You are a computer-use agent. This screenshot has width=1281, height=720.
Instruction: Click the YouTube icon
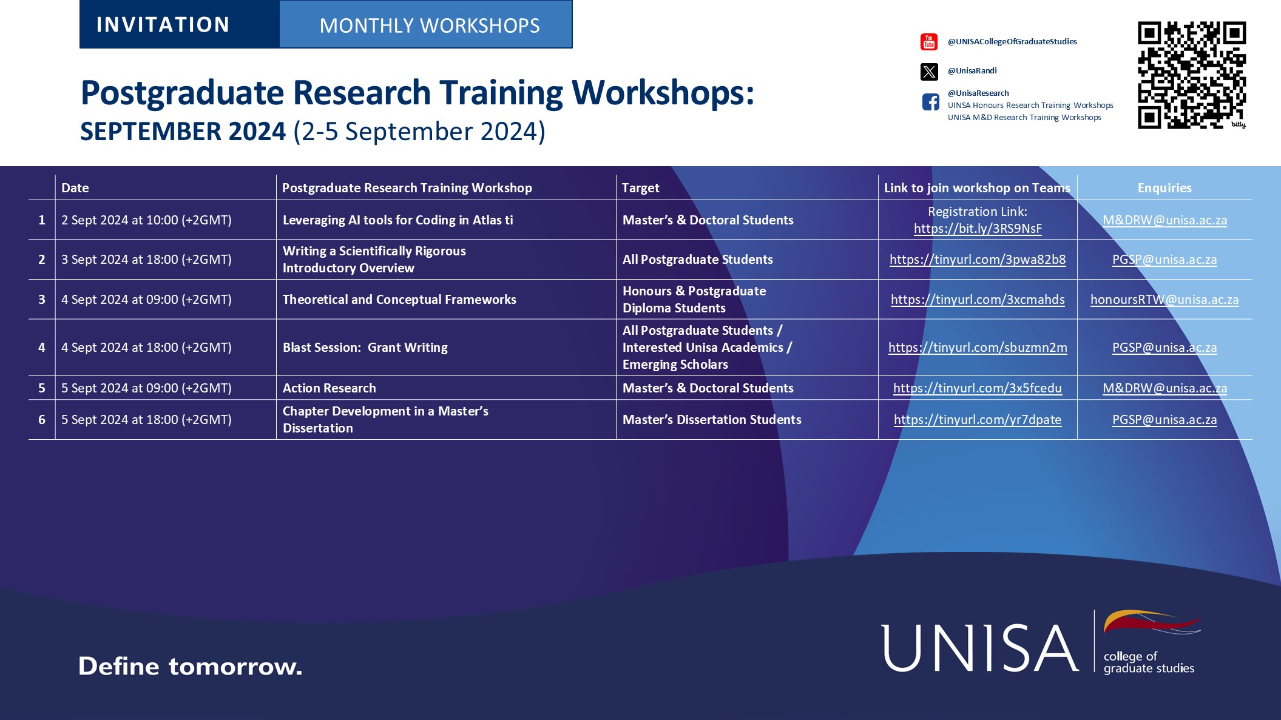(929, 42)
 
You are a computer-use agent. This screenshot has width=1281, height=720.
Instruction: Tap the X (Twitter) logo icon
(929, 72)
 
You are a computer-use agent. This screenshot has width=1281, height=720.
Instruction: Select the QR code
(1191, 75)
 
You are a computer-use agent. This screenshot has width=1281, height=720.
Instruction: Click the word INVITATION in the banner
(163, 25)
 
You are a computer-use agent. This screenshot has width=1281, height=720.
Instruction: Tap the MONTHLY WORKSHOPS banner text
(429, 25)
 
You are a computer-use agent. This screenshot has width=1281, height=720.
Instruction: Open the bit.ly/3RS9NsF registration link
(978, 229)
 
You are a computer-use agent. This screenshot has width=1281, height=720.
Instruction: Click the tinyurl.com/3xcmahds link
(978, 300)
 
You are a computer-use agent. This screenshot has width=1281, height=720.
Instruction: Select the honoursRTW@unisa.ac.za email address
(1164, 300)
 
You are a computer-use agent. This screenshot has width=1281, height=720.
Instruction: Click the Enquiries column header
(1164, 188)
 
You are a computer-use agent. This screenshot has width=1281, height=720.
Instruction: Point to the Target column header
(640, 188)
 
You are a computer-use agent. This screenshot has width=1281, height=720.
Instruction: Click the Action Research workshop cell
(330, 388)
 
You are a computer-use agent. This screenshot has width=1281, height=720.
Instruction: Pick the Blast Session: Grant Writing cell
(365, 348)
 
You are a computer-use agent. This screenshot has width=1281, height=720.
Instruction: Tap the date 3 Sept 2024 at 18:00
(146, 260)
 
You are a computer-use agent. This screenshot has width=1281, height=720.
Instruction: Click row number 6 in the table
(42, 420)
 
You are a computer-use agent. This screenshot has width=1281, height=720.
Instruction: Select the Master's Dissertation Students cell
(712, 420)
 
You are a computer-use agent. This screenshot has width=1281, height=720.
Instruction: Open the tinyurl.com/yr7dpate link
(978, 420)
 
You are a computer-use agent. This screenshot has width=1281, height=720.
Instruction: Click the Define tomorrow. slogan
(190, 667)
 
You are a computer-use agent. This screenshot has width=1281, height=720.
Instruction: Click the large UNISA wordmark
(979, 648)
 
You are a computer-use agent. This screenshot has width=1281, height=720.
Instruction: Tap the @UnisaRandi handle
(972, 71)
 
